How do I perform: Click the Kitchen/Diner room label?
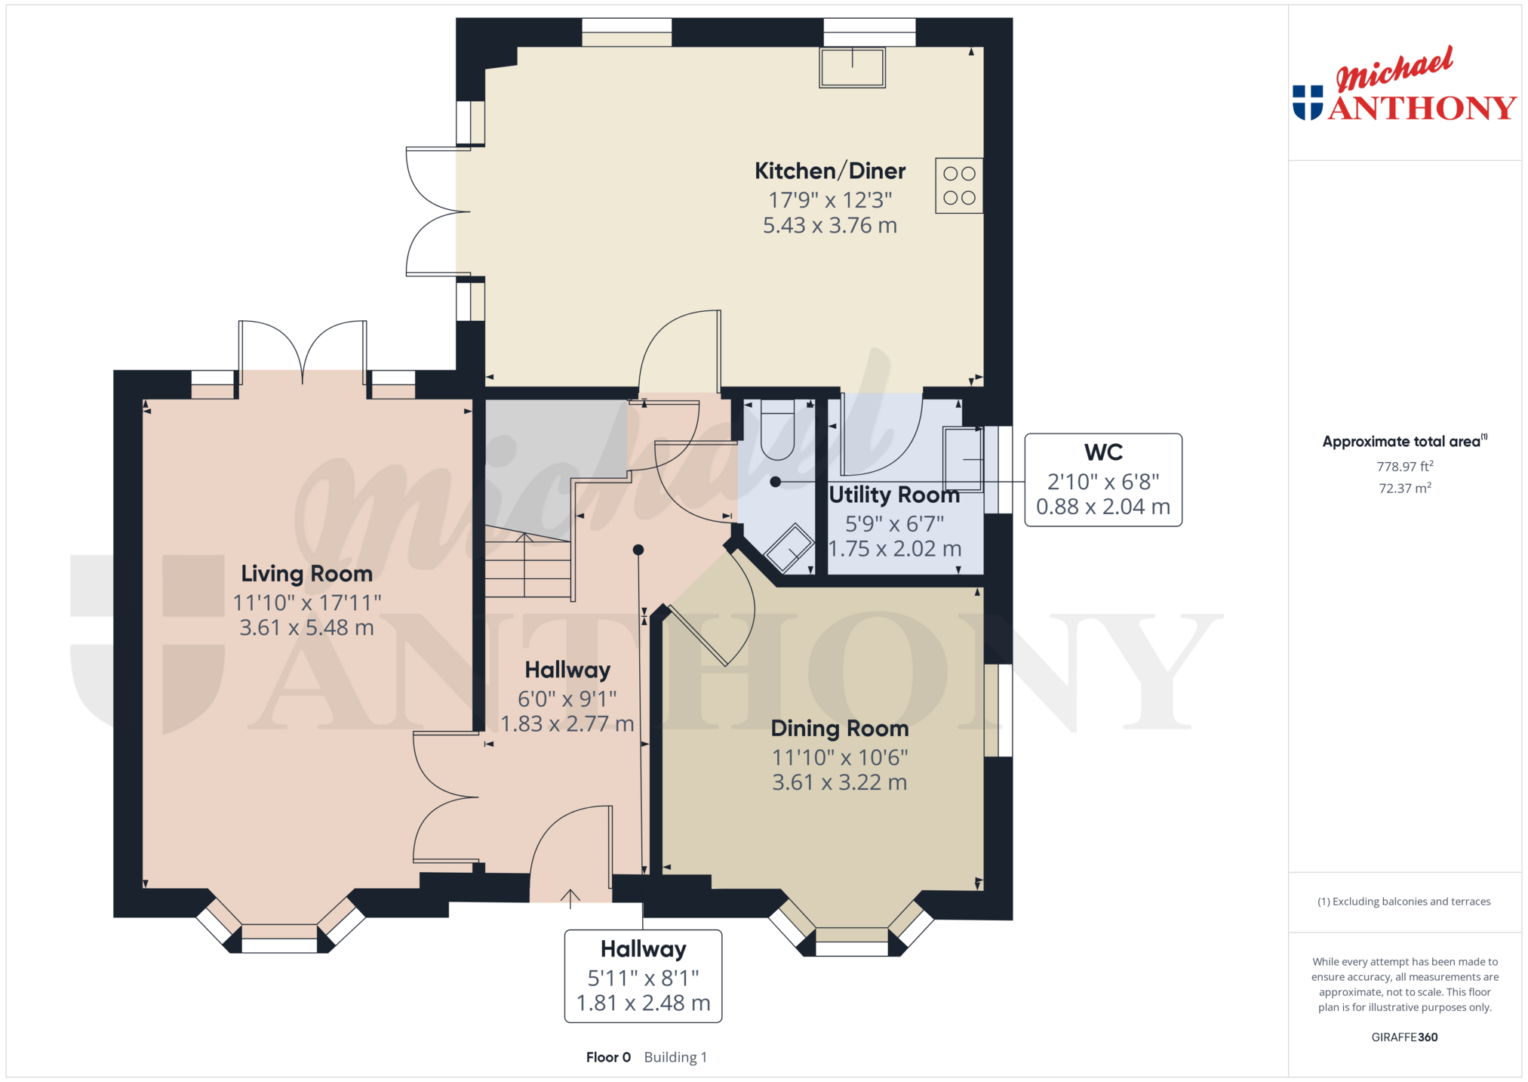pos(830,171)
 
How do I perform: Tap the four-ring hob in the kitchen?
pos(959,186)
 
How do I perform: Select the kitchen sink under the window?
pos(853,67)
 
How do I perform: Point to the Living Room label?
pos(306,574)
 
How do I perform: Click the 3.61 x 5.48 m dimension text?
pos(306,627)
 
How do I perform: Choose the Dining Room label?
pos(840,729)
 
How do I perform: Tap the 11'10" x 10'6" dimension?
pos(840,757)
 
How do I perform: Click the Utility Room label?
pos(894,495)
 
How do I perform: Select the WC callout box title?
pos(1103,452)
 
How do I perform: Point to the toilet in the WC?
pos(777,430)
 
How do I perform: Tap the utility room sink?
pos(963,459)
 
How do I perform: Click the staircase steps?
pos(527,566)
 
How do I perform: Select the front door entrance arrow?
pos(570,899)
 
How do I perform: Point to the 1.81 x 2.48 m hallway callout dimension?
pos(644,1003)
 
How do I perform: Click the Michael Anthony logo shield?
pos(1308,103)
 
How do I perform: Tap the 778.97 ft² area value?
pos(1405,467)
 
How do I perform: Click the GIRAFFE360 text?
pos(1404,1037)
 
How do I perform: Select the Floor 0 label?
pos(608,1057)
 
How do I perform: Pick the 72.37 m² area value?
pos(1405,488)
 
